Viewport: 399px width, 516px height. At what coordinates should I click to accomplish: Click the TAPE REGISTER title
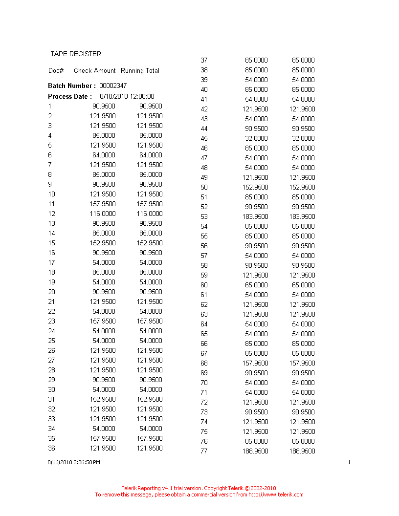[x=76, y=54]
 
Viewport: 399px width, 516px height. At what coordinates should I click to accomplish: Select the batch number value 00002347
[x=113, y=86]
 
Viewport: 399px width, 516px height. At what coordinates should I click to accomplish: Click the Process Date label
[x=69, y=96]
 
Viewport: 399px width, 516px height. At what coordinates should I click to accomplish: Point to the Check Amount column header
[x=95, y=70]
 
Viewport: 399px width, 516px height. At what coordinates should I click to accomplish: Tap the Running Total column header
[x=140, y=70]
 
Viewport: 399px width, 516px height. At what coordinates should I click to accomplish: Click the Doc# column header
[x=56, y=70]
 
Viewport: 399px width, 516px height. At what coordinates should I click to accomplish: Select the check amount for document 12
[x=103, y=214]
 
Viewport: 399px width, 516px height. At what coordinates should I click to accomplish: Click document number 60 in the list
[x=204, y=285]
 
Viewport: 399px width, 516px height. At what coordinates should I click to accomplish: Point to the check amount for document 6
[x=104, y=155]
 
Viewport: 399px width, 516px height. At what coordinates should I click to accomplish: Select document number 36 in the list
[x=51, y=448]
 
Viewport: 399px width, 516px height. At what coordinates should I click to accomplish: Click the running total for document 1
[x=151, y=106]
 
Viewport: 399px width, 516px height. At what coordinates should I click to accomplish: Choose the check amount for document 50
[x=255, y=187]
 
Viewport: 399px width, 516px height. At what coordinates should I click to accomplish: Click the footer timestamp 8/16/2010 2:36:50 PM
[x=74, y=462]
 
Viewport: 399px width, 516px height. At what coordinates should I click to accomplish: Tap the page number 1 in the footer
[x=349, y=462]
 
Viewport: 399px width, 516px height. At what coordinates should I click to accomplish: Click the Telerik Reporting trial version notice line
[x=199, y=488]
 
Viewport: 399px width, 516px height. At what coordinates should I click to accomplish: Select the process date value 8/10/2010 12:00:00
[x=127, y=96]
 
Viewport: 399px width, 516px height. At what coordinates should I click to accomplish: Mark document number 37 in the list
[x=204, y=60]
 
